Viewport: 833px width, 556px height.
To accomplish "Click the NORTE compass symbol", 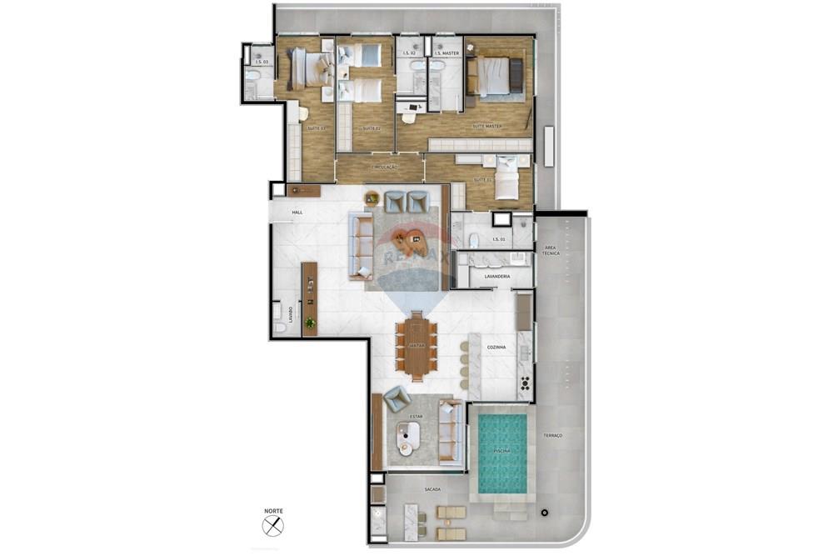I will [x=273, y=525].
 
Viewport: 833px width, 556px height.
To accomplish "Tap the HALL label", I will [x=297, y=213].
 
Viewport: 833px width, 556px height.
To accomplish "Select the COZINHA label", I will [x=496, y=347].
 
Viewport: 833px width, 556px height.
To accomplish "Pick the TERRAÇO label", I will [x=553, y=435].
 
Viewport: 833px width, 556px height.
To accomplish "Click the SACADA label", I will [x=432, y=489].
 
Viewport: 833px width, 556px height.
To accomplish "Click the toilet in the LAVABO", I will [x=279, y=328].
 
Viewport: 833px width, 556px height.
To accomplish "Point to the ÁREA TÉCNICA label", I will [x=551, y=251].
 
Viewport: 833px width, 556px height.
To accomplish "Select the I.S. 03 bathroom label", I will [x=261, y=63].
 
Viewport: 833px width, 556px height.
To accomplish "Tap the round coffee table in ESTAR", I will [x=407, y=433].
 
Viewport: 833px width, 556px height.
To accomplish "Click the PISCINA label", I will [x=502, y=451].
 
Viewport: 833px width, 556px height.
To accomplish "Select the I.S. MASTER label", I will [x=446, y=53].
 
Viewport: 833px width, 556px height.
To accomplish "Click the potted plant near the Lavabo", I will [x=310, y=323].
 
